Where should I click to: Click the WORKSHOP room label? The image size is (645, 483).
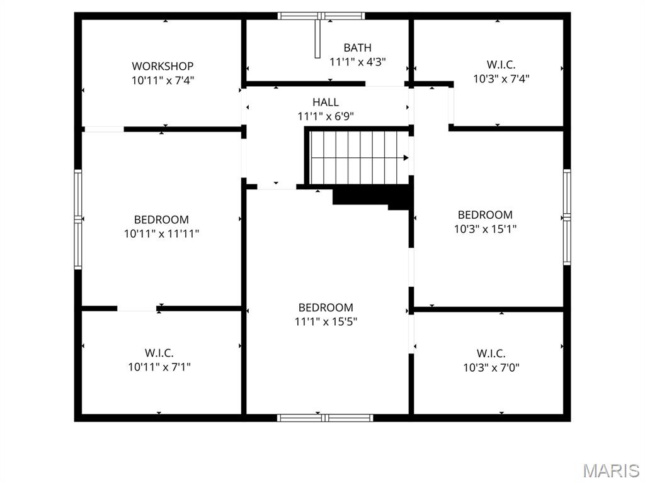tap(163, 66)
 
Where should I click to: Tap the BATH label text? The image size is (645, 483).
tap(357, 48)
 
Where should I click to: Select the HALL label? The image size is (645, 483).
tap(326, 102)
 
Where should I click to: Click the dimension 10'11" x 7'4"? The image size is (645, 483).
tap(163, 80)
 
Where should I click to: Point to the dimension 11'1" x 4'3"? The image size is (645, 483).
tap(357, 62)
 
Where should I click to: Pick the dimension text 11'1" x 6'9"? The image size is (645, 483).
tap(326, 116)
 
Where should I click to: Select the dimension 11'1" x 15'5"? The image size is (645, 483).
tap(326, 322)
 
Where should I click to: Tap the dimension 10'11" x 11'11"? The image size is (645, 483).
tap(161, 234)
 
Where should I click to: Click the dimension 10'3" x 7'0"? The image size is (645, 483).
tap(491, 368)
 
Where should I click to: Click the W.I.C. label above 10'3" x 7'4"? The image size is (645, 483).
tap(501, 65)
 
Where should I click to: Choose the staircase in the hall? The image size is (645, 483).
tap(356, 157)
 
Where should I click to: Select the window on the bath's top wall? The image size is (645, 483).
tap(321, 16)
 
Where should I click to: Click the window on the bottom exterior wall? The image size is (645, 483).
tap(325, 418)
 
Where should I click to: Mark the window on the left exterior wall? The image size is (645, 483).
tap(78, 219)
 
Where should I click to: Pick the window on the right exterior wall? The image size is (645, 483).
tap(567, 217)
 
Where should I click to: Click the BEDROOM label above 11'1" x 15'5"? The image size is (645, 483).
tap(326, 308)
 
